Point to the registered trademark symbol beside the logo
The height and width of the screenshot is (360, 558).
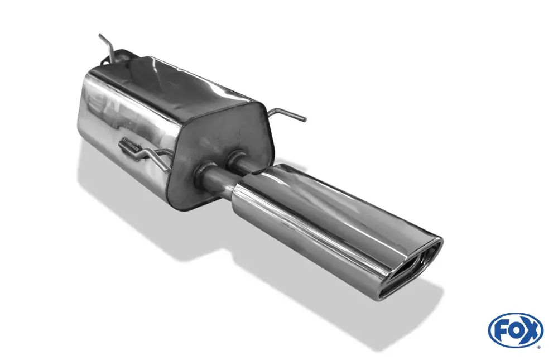tap(542, 347)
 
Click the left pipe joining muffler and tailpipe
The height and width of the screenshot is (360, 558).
tap(220, 181)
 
